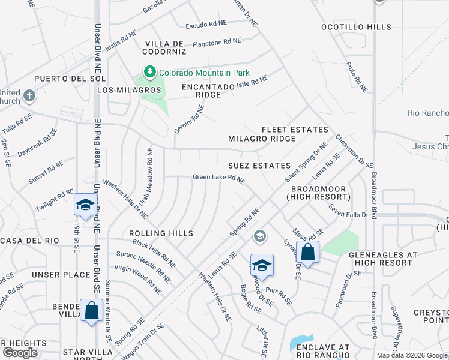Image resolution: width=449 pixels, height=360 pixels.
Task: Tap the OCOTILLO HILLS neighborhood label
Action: click(356, 27)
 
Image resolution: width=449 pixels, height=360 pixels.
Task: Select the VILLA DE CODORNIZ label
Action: click(164, 48)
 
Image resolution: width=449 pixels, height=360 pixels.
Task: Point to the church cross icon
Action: click(29, 95)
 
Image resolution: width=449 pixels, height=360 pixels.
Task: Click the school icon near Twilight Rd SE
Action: click(85, 205)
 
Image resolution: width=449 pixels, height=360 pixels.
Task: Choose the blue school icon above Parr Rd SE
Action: click(262, 265)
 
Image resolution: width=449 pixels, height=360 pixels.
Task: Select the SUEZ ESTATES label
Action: click(259, 165)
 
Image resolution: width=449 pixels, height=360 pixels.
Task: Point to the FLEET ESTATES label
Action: click(295, 130)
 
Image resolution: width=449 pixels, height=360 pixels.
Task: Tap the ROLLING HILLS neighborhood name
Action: click(161, 233)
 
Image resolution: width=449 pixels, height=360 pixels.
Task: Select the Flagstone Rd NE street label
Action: click(216, 43)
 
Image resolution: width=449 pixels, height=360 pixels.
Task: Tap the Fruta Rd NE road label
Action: click(356, 76)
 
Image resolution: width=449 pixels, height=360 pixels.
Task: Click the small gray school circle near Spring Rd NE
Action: click(259, 235)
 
